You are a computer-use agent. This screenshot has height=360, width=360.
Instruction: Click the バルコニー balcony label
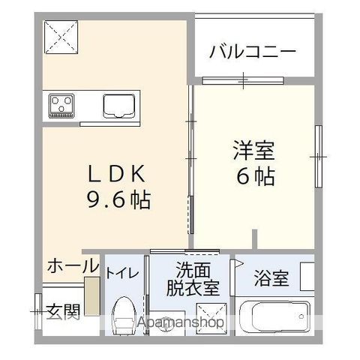click(252, 52)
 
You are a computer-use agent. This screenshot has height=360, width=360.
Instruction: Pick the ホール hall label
click(72, 265)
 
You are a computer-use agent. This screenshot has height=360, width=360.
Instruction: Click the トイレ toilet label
click(122, 273)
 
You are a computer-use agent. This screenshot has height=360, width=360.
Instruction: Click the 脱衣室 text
click(192, 288)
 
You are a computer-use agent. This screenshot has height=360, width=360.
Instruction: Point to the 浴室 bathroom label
click(271, 280)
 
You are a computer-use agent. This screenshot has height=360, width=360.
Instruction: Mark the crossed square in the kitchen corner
click(62, 36)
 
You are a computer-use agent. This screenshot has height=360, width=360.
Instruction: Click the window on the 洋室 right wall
click(319, 156)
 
